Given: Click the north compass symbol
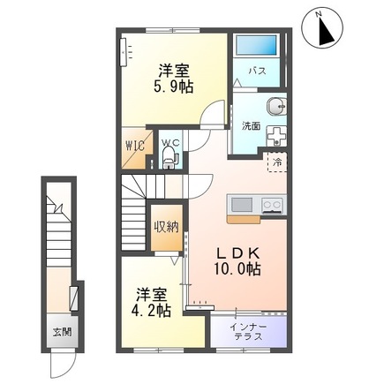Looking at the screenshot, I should coord(322,28).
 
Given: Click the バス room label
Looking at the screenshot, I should coord(258,70).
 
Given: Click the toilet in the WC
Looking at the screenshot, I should coord(169,160).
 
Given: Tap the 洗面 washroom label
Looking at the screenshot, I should coord(251,125).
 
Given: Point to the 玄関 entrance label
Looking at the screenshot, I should coord(61,332).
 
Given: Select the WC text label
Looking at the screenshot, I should coord(169,142).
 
